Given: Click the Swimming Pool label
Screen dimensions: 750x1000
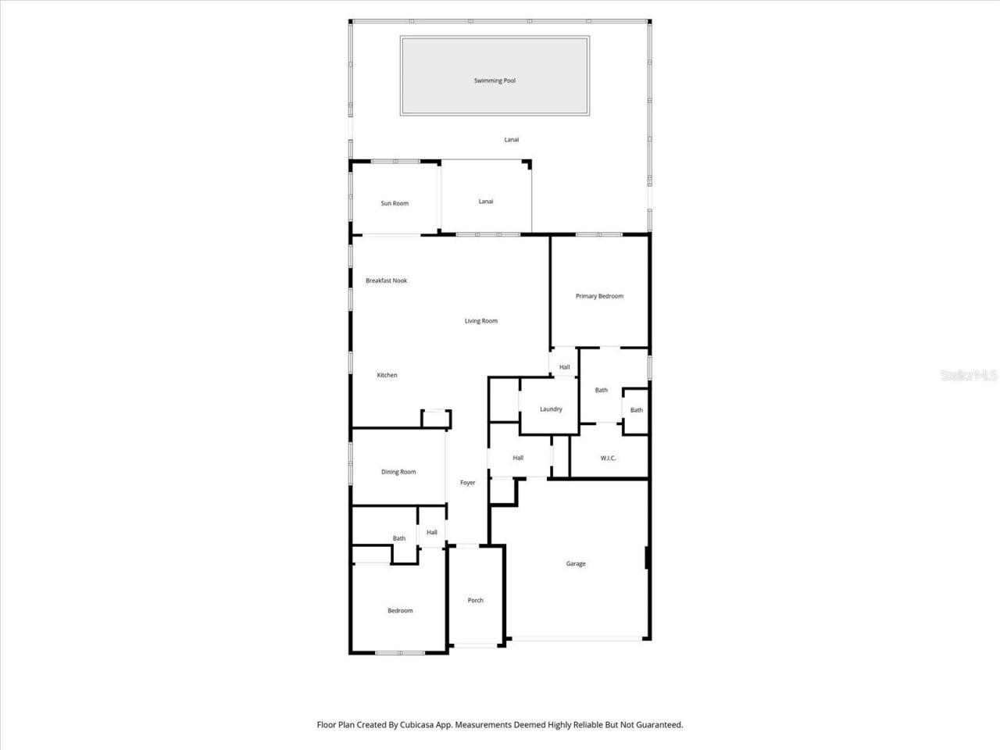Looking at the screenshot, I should [495, 80].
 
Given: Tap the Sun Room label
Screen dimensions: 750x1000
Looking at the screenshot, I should [395, 203].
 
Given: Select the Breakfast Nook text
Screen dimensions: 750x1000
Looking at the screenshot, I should [386, 280].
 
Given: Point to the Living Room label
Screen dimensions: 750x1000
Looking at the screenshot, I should [480, 320].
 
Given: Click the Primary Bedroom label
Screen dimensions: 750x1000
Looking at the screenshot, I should [599, 296].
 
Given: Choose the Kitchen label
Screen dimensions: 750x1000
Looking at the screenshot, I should [387, 375].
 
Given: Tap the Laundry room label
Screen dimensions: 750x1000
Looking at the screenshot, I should [551, 409].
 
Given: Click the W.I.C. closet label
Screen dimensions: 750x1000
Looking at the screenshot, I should [608, 458].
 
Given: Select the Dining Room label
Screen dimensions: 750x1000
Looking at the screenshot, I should [398, 472].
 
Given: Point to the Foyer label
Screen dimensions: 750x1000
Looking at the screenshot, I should [467, 483].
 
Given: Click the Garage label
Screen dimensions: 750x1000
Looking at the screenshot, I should [576, 563].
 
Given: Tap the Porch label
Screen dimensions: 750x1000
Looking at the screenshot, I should [475, 600].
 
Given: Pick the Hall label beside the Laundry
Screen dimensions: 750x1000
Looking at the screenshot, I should [518, 458].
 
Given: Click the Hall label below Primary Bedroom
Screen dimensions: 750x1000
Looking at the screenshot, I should [564, 366].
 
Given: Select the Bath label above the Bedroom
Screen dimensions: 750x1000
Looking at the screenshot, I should [399, 538].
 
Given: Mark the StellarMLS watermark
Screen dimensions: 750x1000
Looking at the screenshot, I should [969, 376].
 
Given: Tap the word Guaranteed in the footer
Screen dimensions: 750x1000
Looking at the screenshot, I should [657, 725].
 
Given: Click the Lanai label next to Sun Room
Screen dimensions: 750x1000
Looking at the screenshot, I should [486, 202].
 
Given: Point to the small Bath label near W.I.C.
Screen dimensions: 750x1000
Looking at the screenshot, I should [637, 410].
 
